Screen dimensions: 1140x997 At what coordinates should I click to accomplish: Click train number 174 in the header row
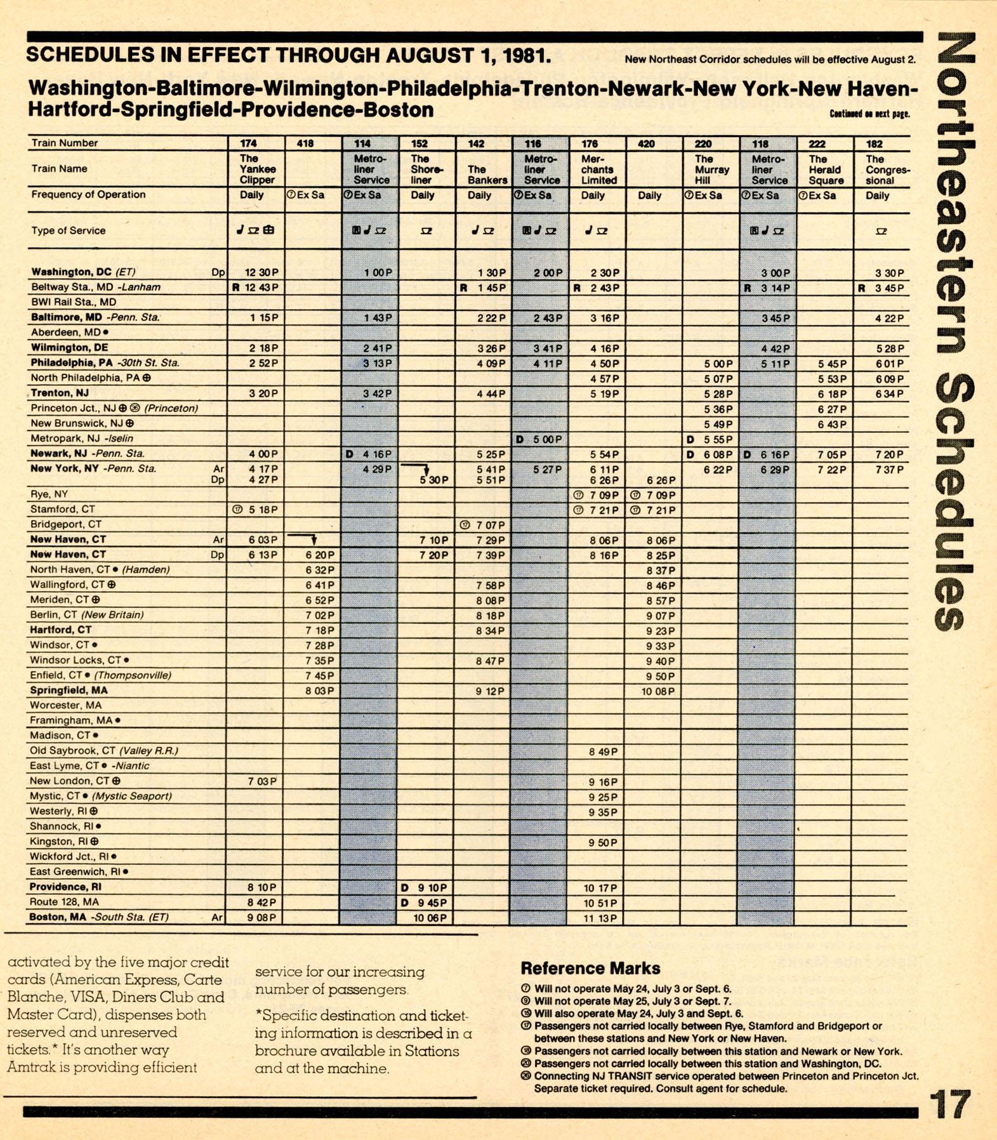pos(249,143)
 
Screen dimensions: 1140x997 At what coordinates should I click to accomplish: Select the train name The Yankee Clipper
pos(257,169)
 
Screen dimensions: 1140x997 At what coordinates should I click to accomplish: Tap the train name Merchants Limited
pos(597,169)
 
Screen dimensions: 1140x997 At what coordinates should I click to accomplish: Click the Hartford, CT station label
pos(61,630)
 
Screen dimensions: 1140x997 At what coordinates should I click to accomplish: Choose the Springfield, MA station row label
pos(69,690)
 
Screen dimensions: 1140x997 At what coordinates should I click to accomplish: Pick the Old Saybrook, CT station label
pos(104,750)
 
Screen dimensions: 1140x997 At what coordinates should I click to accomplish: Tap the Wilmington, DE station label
pos(70,347)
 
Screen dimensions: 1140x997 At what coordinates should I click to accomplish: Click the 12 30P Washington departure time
pos(261,272)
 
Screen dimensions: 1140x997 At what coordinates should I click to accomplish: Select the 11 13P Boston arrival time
pos(600,918)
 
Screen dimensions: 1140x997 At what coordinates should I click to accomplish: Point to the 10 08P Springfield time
pos(657,691)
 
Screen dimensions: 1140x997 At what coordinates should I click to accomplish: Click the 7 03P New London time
pos(261,781)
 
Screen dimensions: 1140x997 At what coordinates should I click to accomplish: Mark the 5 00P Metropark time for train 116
pos(544,439)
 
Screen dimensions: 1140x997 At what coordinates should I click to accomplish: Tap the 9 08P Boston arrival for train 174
pos(261,917)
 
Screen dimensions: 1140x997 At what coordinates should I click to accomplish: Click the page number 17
pos(950,1105)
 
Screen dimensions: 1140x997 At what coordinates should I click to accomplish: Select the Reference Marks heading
pos(590,968)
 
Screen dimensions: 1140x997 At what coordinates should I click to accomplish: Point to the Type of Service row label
pos(69,230)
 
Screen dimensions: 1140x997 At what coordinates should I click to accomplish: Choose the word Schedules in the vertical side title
pos(956,501)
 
